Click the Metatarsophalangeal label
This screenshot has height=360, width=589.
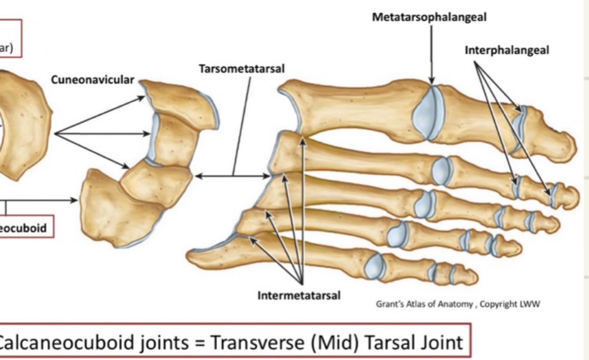coord(429,17)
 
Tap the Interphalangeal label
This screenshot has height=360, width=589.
coord(507,50)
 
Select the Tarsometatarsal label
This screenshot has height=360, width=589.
coord(242,69)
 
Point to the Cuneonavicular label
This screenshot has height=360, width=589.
coord(92,80)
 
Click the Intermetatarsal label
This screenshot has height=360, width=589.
coord(299,296)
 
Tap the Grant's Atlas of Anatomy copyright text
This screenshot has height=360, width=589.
coord(458,304)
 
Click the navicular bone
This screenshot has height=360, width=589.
coord(22,128)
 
